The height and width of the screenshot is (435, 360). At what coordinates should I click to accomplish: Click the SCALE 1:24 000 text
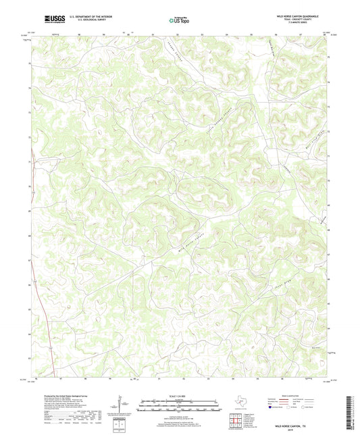click(180, 395)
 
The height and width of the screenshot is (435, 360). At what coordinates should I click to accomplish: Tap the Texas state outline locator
click(240, 405)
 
